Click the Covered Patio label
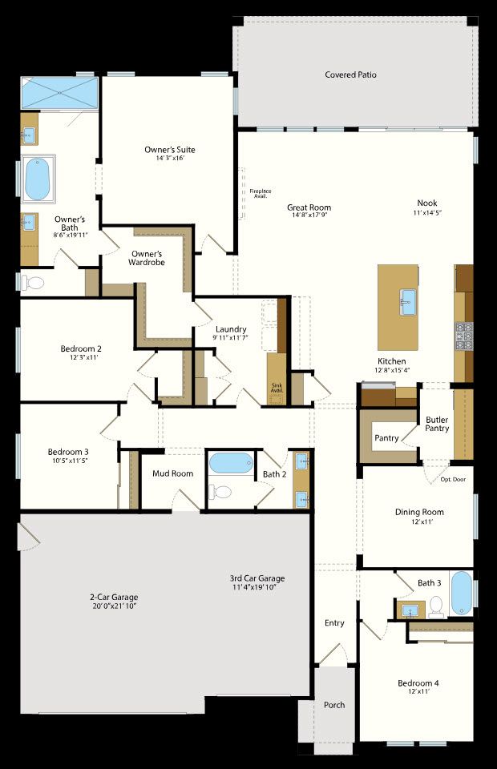coord(350,75)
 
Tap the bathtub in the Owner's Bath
coord(37,179)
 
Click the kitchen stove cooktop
coord(464,336)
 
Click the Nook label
coord(427,203)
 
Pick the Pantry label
coord(386,438)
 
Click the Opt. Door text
coord(453,480)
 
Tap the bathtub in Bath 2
coord(231,464)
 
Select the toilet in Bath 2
coord(222,491)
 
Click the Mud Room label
coord(172,473)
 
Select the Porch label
coord(334,705)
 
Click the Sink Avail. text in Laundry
coord(277,389)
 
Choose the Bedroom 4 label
coord(418,683)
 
